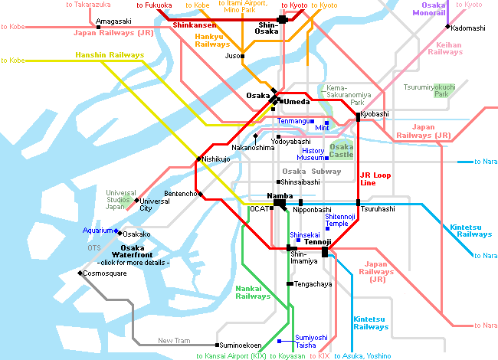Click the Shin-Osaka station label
267,28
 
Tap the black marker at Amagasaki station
99,28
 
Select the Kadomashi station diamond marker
448,27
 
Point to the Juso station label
232,56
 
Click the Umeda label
297,102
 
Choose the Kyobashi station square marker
358,117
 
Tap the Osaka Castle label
341,151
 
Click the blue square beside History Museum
326,158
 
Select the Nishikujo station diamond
198,159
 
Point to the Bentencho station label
180,194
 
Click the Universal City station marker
136,201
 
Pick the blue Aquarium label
97,231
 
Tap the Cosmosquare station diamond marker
80,273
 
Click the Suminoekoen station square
217,345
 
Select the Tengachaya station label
313,284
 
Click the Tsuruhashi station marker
358,202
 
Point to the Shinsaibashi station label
300,182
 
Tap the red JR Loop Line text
375,179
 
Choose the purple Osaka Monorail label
429,9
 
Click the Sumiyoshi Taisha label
306,342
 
